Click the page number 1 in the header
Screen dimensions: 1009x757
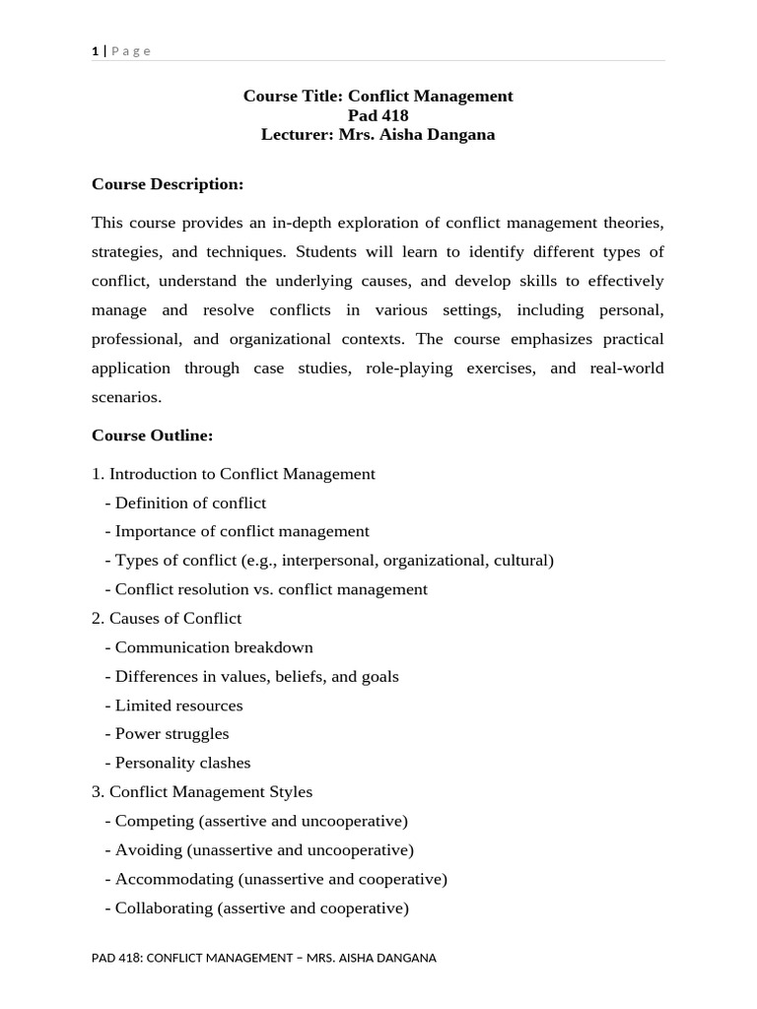(95, 51)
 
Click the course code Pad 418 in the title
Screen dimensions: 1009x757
(378, 115)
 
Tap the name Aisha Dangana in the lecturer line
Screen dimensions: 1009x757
(446, 134)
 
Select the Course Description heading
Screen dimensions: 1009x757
(167, 183)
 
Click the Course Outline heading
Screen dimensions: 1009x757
(152, 435)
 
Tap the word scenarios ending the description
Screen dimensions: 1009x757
(125, 397)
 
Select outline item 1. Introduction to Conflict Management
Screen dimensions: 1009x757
(234, 474)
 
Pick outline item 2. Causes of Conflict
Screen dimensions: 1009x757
(167, 618)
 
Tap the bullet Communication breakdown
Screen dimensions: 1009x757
(214, 647)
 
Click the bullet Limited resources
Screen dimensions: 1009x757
(178, 706)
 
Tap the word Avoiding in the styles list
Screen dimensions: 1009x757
(148, 849)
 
